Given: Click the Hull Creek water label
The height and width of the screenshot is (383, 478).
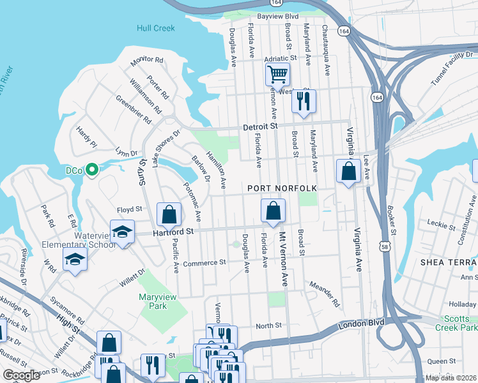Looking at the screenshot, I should pyautogui.click(x=155, y=28).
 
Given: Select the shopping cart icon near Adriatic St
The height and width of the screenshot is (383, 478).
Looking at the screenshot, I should pyautogui.click(x=277, y=74).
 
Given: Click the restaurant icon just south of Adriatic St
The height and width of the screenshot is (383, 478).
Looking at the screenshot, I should pyautogui.click(x=303, y=101).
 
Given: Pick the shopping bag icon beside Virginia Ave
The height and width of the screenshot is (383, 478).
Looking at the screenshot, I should pyautogui.click(x=348, y=171).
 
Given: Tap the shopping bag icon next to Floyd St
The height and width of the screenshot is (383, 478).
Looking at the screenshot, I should pyautogui.click(x=169, y=214).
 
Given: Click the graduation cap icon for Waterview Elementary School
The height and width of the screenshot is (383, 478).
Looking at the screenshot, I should pyautogui.click(x=122, y=231).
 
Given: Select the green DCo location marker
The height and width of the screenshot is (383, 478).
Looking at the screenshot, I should pyautogui.click(x=91, y=170).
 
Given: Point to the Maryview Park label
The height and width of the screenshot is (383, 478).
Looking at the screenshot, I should pyautogui.click(x=153, y=301).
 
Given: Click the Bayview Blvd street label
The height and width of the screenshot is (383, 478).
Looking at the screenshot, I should pyautogui.click(x=278, y=15).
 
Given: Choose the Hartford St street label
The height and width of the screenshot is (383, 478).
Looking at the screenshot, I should pyautogui.click(x=173, y=234).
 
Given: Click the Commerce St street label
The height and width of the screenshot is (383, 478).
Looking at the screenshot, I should pyautogui.click(x=204, y=262).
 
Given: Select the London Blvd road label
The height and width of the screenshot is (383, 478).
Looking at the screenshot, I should pyautogui.click(x=362, y=322).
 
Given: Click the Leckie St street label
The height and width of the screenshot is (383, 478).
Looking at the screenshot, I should pyautogui.click(x=441, y=224).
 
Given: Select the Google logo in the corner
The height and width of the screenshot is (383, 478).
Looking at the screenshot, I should pyautogui.click(x=21, y=375).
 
